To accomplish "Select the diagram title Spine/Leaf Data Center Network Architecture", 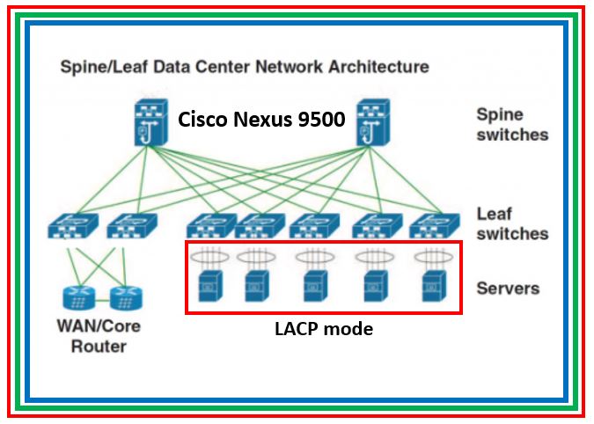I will [244, 66].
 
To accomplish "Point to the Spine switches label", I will [511, 124].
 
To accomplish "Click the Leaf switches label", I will [511, 223].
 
